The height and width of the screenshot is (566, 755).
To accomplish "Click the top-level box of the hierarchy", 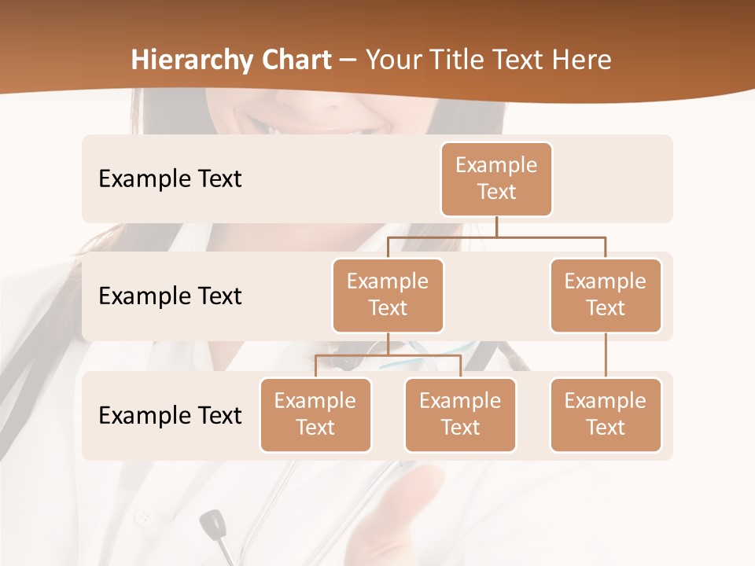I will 496,178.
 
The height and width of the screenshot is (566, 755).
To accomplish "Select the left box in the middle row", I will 388,295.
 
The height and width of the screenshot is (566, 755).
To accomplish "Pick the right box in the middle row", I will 606,295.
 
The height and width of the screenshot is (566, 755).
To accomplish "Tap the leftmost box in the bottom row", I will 315,414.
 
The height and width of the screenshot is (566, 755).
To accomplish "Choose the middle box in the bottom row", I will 460,414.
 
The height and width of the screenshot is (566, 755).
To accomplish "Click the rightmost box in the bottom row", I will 606,414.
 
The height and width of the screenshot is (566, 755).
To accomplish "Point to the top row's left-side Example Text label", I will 170,178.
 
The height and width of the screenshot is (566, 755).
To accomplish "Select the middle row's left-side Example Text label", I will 170,296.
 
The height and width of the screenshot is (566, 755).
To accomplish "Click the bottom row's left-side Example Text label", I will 170,415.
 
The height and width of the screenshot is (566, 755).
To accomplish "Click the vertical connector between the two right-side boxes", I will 606,355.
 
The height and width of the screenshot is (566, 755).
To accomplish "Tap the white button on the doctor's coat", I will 143,517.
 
